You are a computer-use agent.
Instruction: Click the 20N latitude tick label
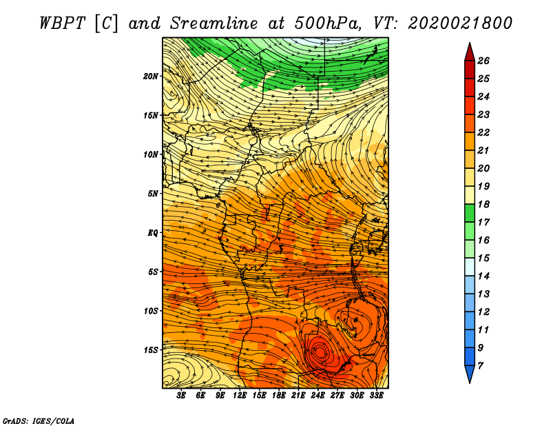(x=150, y=77)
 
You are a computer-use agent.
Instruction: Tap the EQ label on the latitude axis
(x=153, y=233)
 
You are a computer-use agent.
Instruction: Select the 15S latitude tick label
(x=151, y=350)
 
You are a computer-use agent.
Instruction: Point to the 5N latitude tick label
(x=153, y=194)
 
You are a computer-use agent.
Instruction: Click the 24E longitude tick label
(x=318, y=396)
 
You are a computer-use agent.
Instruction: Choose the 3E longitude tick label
(x=181, y=396)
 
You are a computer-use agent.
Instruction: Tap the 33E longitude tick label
(x=376, y=396)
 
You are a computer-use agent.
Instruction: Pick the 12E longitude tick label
(x=239, y=396)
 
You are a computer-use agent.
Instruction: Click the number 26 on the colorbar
(x=484, y=61)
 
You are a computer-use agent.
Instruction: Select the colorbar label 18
(x=484, y=204)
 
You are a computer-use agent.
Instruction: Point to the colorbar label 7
(x=480, y=366)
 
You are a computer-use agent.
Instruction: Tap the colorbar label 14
(x=484, y=276)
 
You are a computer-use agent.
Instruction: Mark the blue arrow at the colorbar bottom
(x=470, y=373)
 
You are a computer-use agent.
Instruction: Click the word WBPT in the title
(x=62, y=23)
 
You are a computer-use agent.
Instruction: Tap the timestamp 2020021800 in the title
(x=460, y=23)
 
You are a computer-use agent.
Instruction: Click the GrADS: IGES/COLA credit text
(x=39, y=421)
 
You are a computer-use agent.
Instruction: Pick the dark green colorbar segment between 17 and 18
(x=470, y=213)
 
